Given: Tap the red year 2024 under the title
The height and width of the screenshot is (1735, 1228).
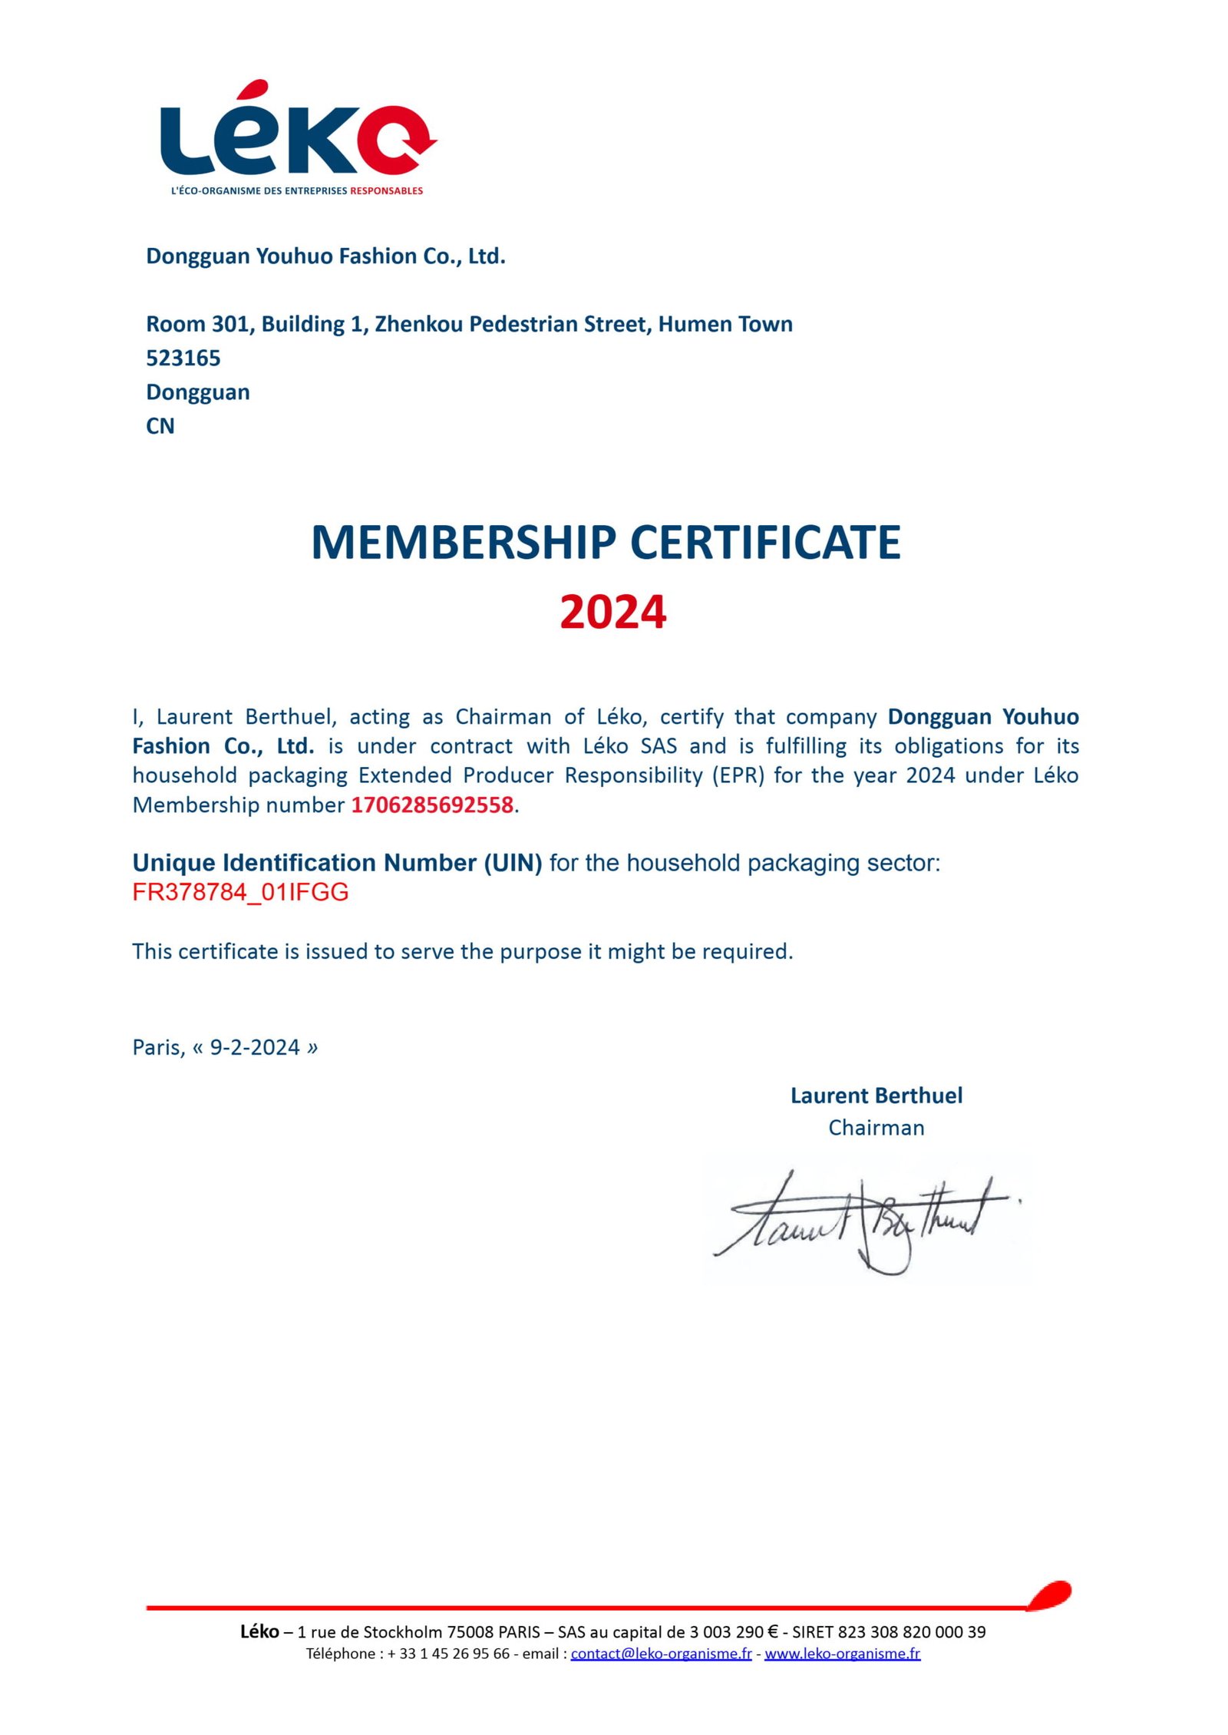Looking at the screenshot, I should tap(612, 613).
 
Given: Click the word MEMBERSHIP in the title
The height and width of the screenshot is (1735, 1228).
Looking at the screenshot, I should tap(463, 543).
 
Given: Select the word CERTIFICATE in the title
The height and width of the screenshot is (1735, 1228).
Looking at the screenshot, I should tap(765, 543).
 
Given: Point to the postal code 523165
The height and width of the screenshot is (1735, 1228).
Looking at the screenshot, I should tap(183, 359).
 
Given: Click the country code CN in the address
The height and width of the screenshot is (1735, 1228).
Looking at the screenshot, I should tap(160, 426).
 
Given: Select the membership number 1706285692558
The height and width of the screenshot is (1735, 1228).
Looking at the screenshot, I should tap(432, 805).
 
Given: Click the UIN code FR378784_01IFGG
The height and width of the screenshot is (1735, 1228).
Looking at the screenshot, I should tap(240, 892).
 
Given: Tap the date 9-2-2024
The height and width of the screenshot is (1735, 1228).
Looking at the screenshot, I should tap(254, 1048).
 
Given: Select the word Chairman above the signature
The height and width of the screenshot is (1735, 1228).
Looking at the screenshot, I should tap(876, 1128).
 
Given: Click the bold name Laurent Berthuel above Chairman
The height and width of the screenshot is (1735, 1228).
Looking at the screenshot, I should tap(876, 1096).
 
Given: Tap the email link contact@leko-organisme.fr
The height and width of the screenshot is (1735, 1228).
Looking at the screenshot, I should tap(661, 1654).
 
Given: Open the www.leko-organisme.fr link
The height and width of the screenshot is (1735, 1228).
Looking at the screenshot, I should tap(842, 1654).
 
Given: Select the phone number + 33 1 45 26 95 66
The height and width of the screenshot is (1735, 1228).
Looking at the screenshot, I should tap(448, 1654).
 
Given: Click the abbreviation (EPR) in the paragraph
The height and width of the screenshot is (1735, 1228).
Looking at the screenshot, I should tap(738, 775).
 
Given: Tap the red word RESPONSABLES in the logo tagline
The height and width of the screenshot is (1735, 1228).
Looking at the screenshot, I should tap(386, 190).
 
